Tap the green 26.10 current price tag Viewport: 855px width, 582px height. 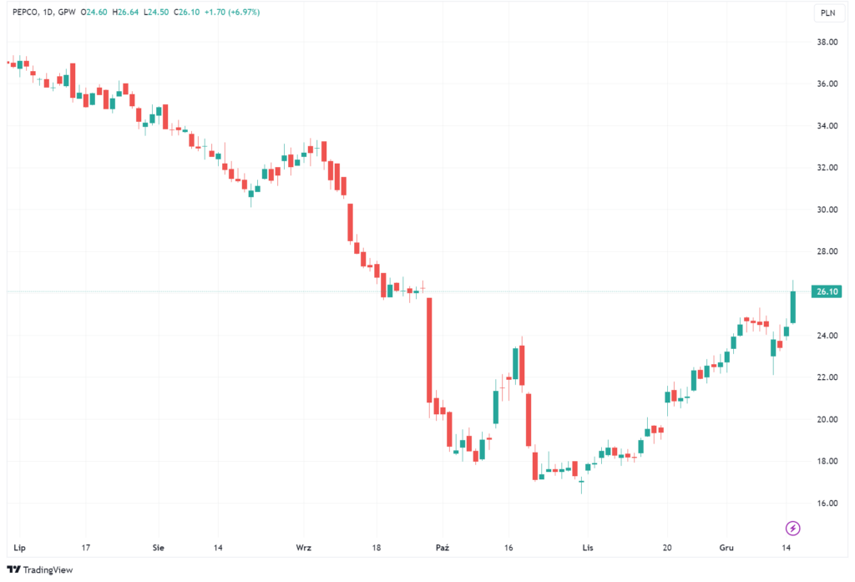click(x=826, y=291)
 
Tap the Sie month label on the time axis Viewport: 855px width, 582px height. click(x=159, y=548)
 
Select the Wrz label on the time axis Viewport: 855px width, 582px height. click(x=304, y=548)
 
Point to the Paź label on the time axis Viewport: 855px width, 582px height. click(x=443, y=548)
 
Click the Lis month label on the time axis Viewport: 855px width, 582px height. click(x=588, y=548)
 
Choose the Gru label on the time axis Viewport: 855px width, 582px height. click(x=726, y=548)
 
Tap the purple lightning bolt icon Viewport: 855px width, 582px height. click(x=793, y=528)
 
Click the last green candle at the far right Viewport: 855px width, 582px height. click(x=792, y=306)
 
